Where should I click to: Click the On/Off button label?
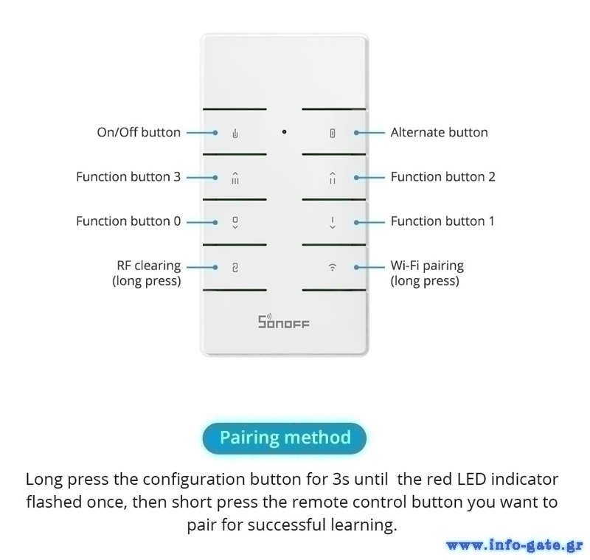pos(139,133)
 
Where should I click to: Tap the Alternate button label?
pos(439,133)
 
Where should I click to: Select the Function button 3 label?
pos(128,177)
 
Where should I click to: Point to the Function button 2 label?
pos(442,177)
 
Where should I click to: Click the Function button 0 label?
pos(128,221)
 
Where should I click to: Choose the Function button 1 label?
pos(442,221)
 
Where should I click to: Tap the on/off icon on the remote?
pos(235,134)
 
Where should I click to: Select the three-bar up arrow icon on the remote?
pos(235,177)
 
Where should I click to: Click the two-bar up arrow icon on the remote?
pos(333,177)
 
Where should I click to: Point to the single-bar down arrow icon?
pos(333,222)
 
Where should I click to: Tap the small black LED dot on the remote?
pos(284,132)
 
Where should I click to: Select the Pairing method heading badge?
pos(285,438)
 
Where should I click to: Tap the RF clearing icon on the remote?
pos(235,268)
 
